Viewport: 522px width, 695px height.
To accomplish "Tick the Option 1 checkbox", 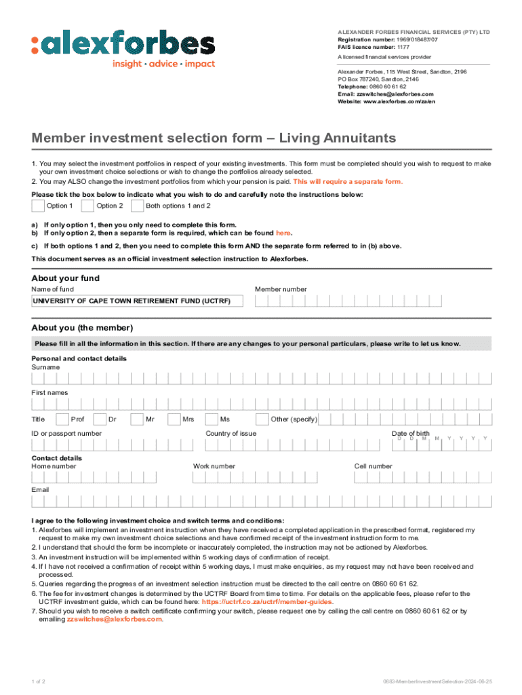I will click(38, 206).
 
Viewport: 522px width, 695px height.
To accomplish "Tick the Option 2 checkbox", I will click(87, 206).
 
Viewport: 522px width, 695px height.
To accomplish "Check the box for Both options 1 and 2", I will click(137, 206).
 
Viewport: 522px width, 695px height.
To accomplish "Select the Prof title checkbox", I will click(62, 419).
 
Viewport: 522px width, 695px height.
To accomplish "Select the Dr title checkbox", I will click(100, 419).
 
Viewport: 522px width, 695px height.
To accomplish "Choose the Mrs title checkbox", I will click(174, 419).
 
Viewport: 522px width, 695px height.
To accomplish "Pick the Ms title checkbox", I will click(212, 419).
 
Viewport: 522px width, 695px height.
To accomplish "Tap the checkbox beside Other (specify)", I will click(262, 419).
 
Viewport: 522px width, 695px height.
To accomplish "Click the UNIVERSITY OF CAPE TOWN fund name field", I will click(138, 301).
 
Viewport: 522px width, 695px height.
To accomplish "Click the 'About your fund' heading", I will click(66, 278).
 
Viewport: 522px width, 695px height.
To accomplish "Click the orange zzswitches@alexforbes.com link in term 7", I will click(115, 619).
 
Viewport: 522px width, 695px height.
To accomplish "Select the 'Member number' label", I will click(281, 289).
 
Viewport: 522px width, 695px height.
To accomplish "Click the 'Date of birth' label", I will click(410, 433).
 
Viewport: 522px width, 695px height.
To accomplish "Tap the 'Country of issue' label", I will click(230, 433).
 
